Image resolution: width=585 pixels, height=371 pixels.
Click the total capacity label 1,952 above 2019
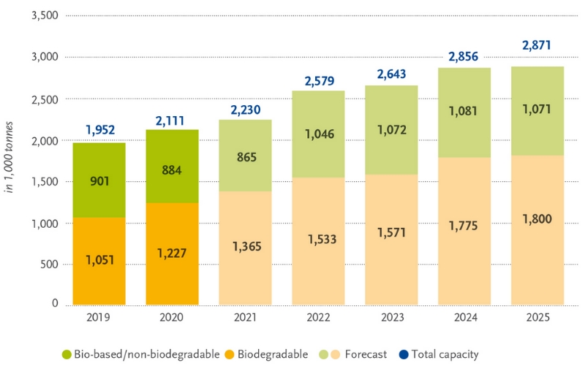coord(99,130)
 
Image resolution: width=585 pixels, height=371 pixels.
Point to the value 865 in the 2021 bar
coord(246,156)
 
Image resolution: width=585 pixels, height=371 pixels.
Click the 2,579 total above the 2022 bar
coord(318,78)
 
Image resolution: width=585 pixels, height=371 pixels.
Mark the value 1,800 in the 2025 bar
coord(537,217)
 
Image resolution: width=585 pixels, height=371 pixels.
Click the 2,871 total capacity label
coord(537,45)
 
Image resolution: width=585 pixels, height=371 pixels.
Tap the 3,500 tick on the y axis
coord(44,15)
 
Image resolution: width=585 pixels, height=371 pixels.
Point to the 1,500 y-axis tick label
coord(44,181)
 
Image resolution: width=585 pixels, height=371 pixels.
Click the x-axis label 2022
coord(318,318)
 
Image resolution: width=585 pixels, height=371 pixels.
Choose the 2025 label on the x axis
coord(537,318)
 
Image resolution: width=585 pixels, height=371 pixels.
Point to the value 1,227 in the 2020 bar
coord(172,253)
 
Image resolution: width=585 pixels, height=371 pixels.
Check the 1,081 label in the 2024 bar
coord(464,112)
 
